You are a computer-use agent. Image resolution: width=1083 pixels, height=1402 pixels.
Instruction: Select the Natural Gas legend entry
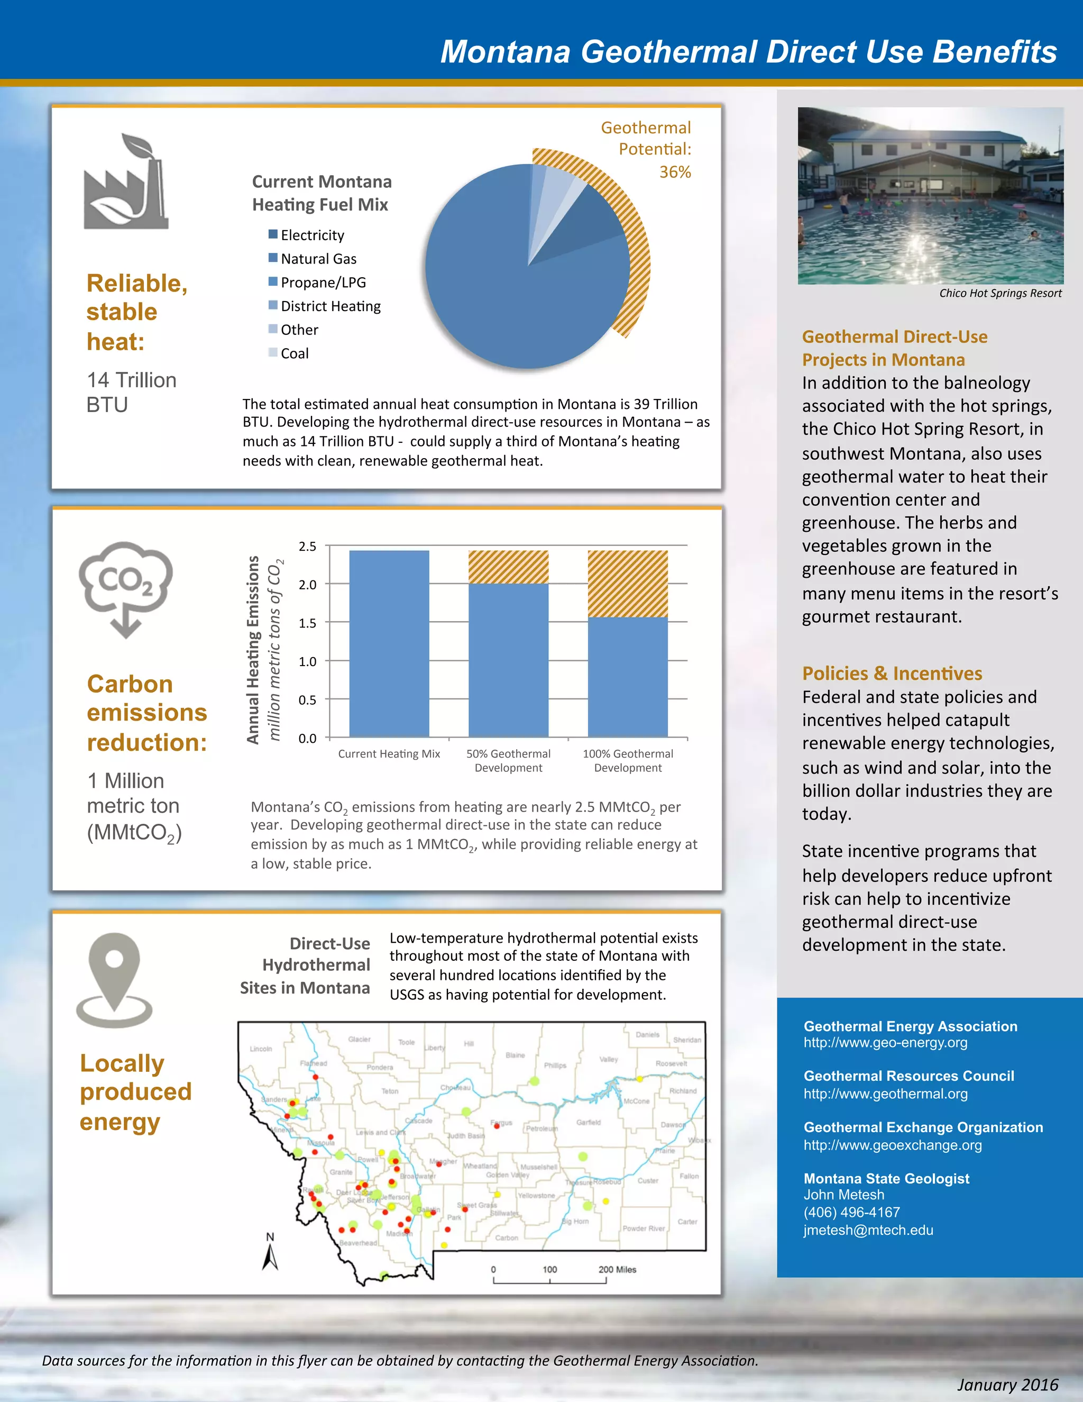pos(318,259)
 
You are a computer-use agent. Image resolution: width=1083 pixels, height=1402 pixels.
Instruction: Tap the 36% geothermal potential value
pos(675,172)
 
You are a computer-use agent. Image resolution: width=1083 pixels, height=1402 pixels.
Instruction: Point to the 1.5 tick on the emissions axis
pos(307,623)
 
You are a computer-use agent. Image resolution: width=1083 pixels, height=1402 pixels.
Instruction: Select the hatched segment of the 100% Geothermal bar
pos(628,584)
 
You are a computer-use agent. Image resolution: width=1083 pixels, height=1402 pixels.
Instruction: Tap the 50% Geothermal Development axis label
pos(508,761)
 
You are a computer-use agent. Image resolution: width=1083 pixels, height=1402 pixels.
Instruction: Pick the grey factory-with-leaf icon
pos(126,183)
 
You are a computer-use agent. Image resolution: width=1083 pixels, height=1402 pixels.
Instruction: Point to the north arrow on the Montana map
pos(270,1252)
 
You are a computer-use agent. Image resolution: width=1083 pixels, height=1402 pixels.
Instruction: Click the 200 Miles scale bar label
pos(617,1269)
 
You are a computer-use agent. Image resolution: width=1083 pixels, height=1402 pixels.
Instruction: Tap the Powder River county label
pos(644,1228)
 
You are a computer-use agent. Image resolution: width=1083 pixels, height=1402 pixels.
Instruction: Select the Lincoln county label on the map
pos(261,1049)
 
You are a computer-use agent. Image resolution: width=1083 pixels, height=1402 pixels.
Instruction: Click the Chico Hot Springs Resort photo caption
pos(999,294)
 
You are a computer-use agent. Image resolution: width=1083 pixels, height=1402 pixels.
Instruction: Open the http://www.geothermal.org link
pos(885,1094)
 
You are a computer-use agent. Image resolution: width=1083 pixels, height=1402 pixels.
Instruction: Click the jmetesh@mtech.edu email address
pos(868,1230)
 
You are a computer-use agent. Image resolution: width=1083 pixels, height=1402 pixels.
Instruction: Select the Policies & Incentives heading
pos(892,673)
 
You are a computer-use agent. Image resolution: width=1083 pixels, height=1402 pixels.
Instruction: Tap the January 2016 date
pos(1007,1385)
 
